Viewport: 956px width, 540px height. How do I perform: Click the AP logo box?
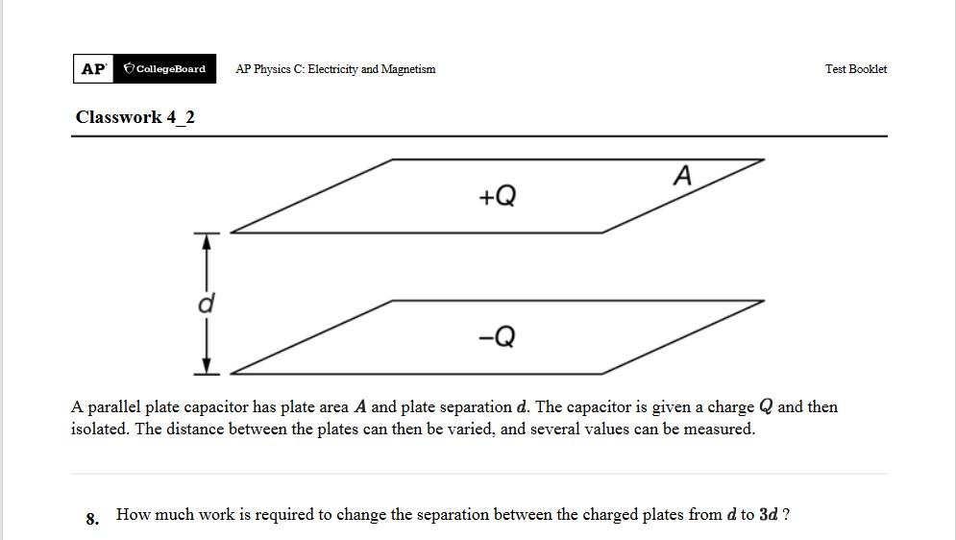click(x=93, y=69)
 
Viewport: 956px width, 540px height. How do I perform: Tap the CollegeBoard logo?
click(x=164, y=69)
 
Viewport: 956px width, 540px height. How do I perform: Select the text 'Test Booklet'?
click(x=855, y=69)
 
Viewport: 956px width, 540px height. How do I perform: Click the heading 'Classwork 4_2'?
click(x=135, y=117)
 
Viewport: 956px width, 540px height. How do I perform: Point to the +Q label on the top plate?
click(x=497, y=197)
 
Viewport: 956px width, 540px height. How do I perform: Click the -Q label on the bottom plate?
click(x=497, y=337)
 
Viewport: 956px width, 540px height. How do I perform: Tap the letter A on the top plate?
click(x=682, y=177)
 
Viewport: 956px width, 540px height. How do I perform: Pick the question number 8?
click(x=92, y=519)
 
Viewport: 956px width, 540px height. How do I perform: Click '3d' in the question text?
click(x=768, y=515)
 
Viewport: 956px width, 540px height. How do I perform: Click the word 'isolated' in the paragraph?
click(x=100, y=430)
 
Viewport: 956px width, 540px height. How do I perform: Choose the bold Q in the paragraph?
click(x=766, y=407)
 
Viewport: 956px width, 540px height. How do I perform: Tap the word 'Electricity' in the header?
click(x=332, y=69)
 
